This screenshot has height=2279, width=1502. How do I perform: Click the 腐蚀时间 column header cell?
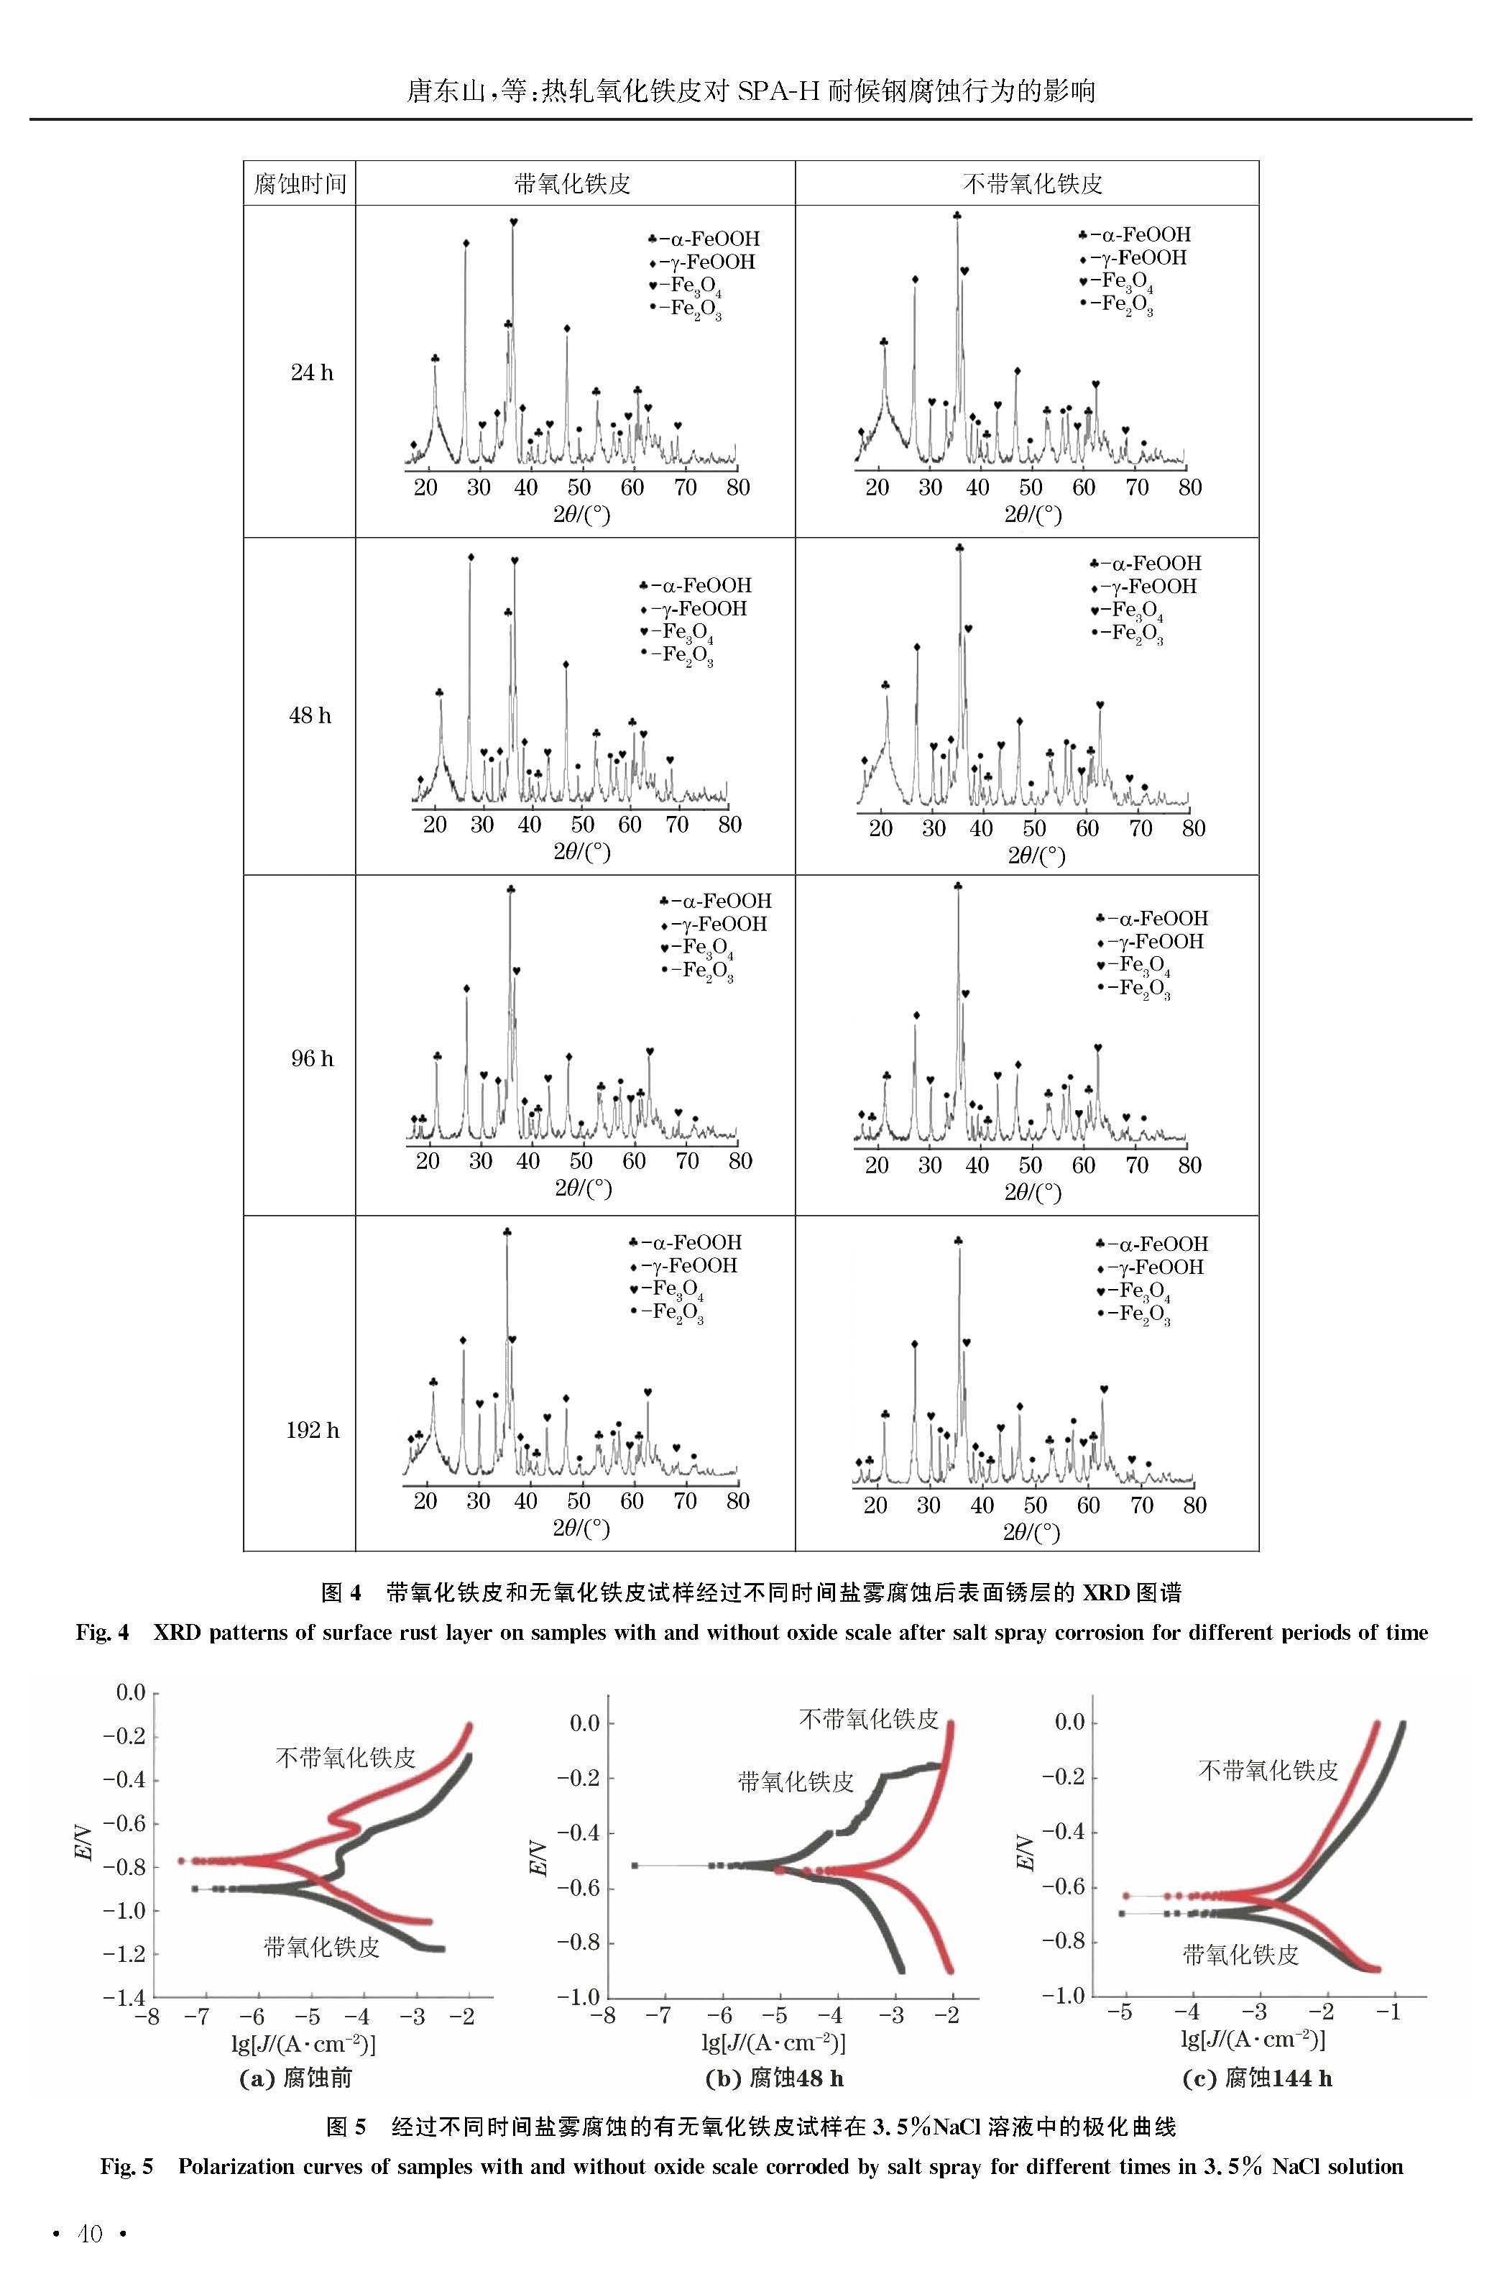tap(300, 183)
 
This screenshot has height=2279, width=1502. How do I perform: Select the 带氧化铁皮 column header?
tap(573, 184)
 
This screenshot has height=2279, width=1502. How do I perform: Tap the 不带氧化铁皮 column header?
tap(1033, 184)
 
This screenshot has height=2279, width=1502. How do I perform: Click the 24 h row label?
tap(313, 372)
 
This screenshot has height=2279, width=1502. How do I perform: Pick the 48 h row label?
tap(310, 715)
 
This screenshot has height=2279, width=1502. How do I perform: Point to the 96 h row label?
tap(313, 1058)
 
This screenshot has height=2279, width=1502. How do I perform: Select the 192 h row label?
tap(313, 1429)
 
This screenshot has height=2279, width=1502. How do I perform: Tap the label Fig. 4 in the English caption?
tap(103, 1633)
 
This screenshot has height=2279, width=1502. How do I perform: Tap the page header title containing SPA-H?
tap(751, 91)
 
